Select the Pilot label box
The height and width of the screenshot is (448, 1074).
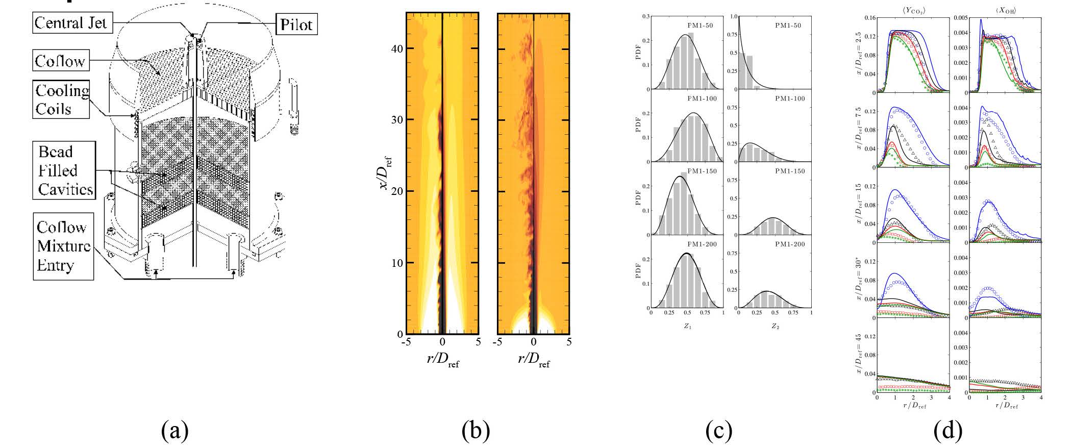click(x=296, y=24)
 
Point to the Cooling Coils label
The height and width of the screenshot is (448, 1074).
click(x=62, y=99)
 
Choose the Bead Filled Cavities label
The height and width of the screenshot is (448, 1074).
click(x=66, y=170)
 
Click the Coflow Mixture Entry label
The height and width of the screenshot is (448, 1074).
click(x=63, y=246)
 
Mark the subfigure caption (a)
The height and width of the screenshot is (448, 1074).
click(x=175, y=431)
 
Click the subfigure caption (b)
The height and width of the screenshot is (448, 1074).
click(x=476, y=431)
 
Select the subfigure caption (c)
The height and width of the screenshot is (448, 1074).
click(x=718, y=431)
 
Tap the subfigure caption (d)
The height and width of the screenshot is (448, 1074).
click(x=947, y=431)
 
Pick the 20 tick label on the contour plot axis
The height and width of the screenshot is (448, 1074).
click(x=397, y=191)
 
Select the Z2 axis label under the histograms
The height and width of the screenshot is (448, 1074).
click(x=775, y=326)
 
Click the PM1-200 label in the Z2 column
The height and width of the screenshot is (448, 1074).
click(x=790, y=244)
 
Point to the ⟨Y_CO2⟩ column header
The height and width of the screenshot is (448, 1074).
click(x=913, y=9)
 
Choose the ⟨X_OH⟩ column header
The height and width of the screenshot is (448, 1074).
click(x=1000, y=9)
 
